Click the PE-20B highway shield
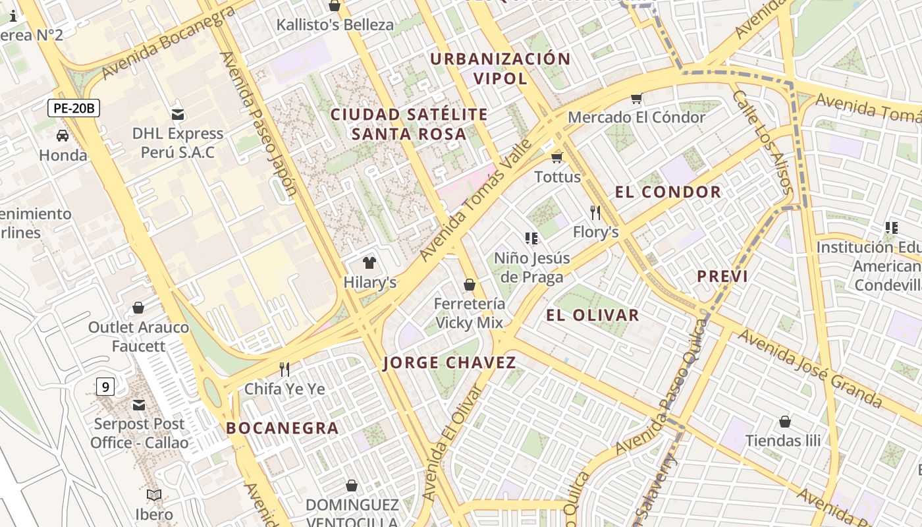tap(74, 108)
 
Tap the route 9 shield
tap(105, 387)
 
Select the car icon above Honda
tap(63, 136)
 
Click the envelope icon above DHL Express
tap(177, 114)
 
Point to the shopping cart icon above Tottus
tap(557, 157)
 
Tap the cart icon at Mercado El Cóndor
tap(636, 98)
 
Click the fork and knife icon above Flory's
tap(595, 212)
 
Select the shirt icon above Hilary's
tap(369, 263)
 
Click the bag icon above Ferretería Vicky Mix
tap(470, 285)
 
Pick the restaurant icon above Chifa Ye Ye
tap(285, 369)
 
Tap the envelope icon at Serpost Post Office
tap(139, 404)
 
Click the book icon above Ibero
tap(154, 495)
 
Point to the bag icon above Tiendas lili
tap(784, 421)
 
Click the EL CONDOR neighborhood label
tap(668, 192)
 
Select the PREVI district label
tap(722, 276)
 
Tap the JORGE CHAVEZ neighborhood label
tap(449, 362)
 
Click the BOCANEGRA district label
tap(283, 428)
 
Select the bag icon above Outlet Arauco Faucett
tap(138, 308)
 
